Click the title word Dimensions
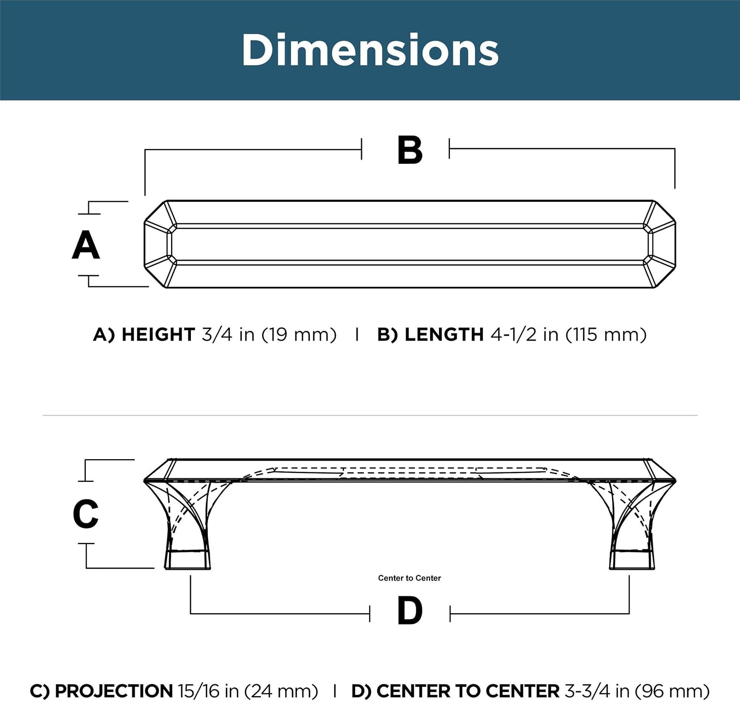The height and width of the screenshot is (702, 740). point(370,50)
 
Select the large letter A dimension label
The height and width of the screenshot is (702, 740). point(86,245)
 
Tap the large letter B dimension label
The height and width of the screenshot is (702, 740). point(410,150)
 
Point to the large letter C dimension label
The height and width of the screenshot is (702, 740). point(85,513)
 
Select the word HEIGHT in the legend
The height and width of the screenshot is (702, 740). point(158,335)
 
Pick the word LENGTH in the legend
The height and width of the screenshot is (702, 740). point(444,335)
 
